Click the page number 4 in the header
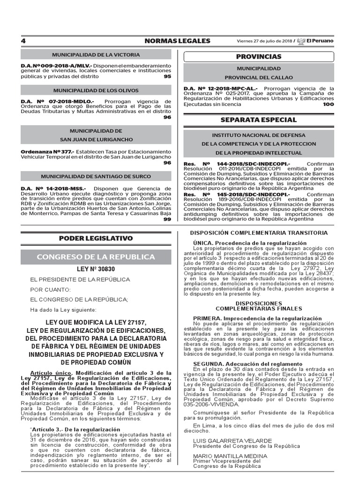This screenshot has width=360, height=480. (x=23, y=41)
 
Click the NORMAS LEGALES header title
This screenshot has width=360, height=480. (x=177, y=41)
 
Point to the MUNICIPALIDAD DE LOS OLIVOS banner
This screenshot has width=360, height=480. (x=96, y=90)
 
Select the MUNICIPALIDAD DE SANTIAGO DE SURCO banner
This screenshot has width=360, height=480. (x=96, y=177)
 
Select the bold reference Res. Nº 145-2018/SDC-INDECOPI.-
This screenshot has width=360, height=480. (x=230, y=194)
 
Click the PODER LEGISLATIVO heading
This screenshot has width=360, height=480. (x=96, y=238)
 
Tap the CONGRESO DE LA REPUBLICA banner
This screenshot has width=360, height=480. (x=96, y=257)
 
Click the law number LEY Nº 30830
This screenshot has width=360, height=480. (x=96, y=269)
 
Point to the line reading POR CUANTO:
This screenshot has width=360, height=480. (x=52, y=290)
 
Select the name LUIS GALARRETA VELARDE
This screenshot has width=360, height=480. (x=232, y=441)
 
